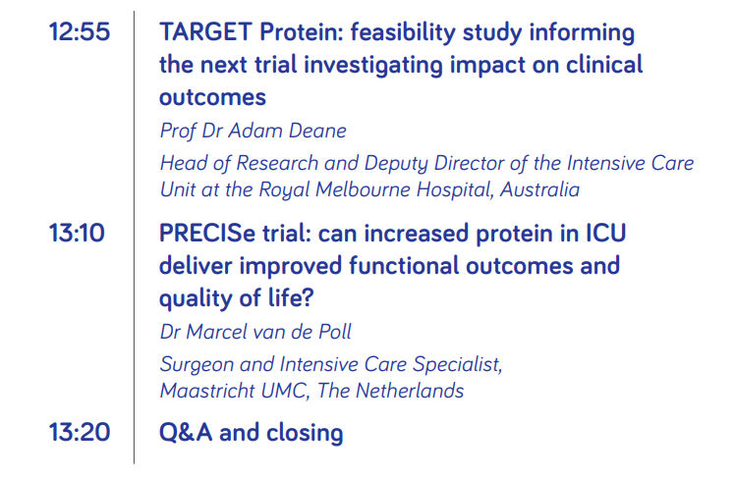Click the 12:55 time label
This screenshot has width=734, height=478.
[x=80, y=32]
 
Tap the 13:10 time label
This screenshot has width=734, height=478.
[x=77, y=233]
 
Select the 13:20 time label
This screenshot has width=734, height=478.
[x=80, y=432]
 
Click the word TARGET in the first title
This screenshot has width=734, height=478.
[x=206, y=32]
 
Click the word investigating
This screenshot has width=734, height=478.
[x=373, y=66]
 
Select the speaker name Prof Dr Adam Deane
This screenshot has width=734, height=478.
[x=254, y=131]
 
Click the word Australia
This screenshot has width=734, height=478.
[x=539, y=189]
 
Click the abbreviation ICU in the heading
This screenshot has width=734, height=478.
[x=606, y=233]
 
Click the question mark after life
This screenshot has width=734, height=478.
[x=308, y=298]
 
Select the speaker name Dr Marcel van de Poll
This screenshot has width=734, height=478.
[x=255, y=332]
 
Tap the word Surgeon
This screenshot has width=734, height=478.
[x=197, y=365]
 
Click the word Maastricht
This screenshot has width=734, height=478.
[x=207, y=391]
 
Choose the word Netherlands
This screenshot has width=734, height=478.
[x=410, y=391]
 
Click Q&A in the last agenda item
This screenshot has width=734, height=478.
[x=186, y=432]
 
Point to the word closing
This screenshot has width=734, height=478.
[x=305, y=433]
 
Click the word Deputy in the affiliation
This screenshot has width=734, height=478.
[x=396, y=164]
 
